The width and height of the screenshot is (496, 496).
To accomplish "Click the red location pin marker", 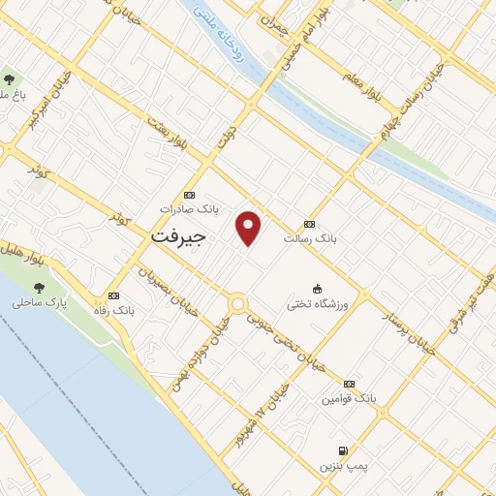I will [249, 227].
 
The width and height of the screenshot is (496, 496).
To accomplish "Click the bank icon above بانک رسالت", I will [309, 224].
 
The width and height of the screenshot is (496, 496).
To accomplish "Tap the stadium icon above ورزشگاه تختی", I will [317, 288].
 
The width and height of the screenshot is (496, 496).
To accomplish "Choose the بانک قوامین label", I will [349, 398].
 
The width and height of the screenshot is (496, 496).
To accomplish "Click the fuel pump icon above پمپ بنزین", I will [343, 450].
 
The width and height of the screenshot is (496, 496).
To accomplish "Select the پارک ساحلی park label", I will [40, 302].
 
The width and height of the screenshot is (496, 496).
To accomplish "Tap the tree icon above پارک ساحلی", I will [39, 287].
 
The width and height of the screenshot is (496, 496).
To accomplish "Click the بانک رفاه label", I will [113, 310].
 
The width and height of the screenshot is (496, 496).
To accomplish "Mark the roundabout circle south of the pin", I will [237, 304].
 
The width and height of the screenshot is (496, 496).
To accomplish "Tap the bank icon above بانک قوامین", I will [349, 384].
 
